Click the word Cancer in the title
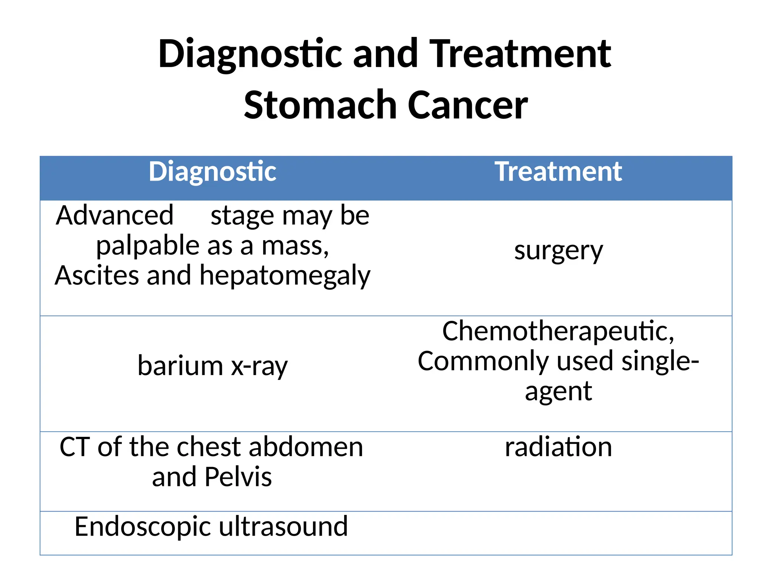pyautogui.click(x=468, y=105)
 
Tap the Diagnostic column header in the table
pyautogui.click(x=212, y=172)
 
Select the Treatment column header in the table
pyautogui.click(x=558, y=172)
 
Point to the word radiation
pyautogui.click(x=558, y=447)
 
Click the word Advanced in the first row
pyautogui.click(x=115, y=216)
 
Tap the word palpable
pyautogui.click(x=148, y=246)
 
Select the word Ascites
pyautogui.click(x=96, y=276)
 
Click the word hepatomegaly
pyautogui.click(x=285, y=276)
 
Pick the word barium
pyautogui.click(x=180, y=366)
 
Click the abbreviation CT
pyautogui.click(x=75, y=447)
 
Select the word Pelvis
pyautogui.click(x=238, y=477)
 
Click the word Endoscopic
pyautogui.click(x=142, y=527)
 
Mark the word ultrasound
pyautogui.click(x=283, y=526)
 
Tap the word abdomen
pyautogui.click(x=306, y=447)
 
